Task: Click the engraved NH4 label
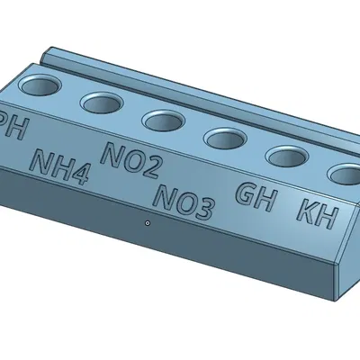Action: pyautogui.click(x=59, y=166)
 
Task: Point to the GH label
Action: pyautogui.click(x=255, y=195)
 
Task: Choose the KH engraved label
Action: pyautogui.click(x=316, y=212)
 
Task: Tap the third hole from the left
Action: pyautogui.click(x=163, y=120)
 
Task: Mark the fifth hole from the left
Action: pyautogui.click(x=287, y=157)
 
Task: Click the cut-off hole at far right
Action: pyautogui.click(x=345, y=173)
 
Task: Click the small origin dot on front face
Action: pyautogui.click(x=146, y=220)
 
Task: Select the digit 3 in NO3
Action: pyautogui.click(x=203, y=210)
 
